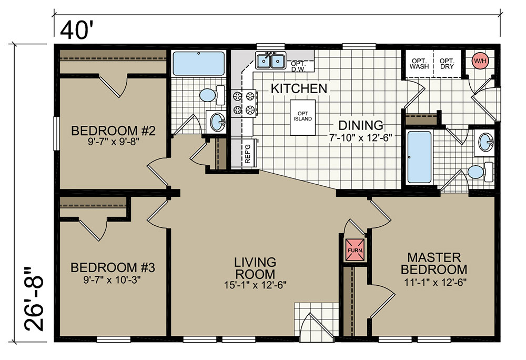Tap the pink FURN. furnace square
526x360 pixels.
tap(355, 249)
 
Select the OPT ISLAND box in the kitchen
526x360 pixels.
tap(302, 117)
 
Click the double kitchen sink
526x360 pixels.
tap(270, 61)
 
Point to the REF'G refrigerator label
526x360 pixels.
tap(248, 153)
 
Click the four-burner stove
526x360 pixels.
tap(244, 103)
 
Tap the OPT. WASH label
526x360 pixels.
tap(419, 64)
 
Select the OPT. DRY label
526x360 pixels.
tap(447, 64)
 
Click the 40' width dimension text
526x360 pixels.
tap(76, 30)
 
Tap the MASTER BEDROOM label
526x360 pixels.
tap(434, 263)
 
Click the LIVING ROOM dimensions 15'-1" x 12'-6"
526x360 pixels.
tap(255, 285)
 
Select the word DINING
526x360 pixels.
tap(361, 125)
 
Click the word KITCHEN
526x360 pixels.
tap(299, 88)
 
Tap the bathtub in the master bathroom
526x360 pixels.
tap(419, 157)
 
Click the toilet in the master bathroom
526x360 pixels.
tap(480, 172)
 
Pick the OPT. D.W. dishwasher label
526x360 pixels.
tap(297, 66)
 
